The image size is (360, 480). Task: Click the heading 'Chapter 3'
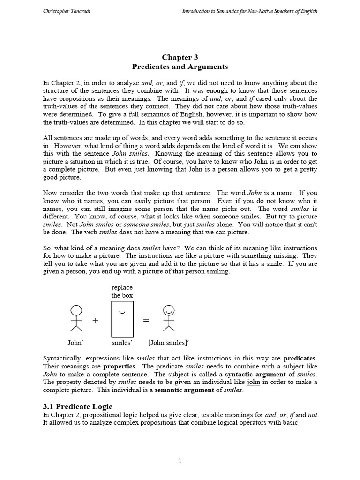(180, 58)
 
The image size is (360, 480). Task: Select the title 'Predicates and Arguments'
(180, 67)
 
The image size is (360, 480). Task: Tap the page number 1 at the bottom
(180, 461)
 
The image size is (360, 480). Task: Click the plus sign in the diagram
(96, 320)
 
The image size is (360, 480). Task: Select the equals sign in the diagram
(146, 320)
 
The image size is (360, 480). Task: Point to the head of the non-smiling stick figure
(76, 310)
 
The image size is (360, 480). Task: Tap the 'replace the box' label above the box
(122, 291)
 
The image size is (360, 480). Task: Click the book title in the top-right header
(249, 11)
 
